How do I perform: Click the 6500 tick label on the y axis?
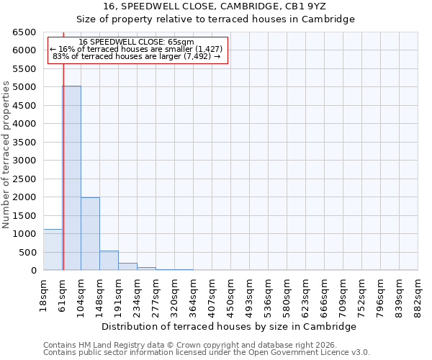(24, 32)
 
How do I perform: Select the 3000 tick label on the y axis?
(24, 161)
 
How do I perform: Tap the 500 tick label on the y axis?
(27, 253)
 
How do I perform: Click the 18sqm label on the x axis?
(43, 294)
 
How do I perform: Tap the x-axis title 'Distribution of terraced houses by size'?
(230, 326)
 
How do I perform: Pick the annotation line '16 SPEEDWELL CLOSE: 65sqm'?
(136, 42)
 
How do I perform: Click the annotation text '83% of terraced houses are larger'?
(136, 57)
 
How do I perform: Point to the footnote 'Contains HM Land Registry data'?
(207, 345)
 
